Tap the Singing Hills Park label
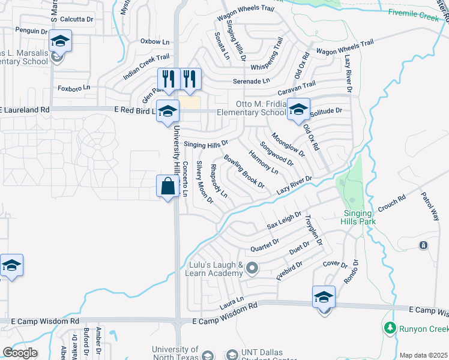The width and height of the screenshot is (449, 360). (360, 217)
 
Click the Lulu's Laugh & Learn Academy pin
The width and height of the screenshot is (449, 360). (252, 268)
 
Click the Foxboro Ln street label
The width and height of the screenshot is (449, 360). (74, 88)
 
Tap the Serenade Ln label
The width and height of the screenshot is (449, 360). (251, 80)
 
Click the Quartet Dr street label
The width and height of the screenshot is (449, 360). (264, 245)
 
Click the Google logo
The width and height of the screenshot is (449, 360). (20, 352)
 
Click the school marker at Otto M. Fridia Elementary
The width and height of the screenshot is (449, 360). (298, 109)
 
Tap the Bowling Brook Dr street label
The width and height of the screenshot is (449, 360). (244, 172)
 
